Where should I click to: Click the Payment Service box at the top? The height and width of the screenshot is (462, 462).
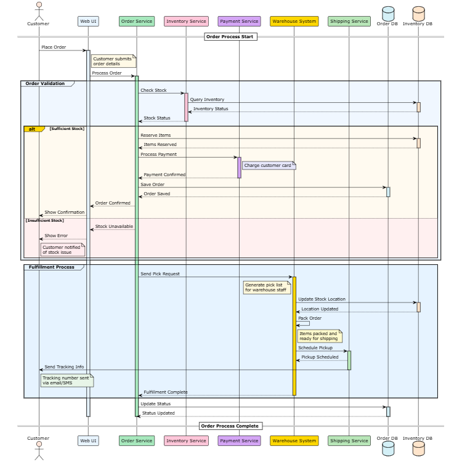click(x=239, y=22)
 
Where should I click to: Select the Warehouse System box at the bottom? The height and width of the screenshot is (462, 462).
click(x=294, y=440)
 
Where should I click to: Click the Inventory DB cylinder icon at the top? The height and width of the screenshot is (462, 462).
click(x=418, y=13)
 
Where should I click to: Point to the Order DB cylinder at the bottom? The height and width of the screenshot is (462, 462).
click(x=387, y=448)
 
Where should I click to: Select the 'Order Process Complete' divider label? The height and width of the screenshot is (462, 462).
click(x=231, y=426)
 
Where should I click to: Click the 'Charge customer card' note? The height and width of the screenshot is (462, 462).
click(x=269, y=165)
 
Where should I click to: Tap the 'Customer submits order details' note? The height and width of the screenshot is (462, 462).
click(x=113, y=61)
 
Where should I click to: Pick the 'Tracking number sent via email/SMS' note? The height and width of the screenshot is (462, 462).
click(x=67, y=380)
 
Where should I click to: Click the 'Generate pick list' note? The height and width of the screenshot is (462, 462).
click(x=267, y=287)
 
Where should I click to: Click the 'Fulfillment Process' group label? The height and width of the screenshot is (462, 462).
click(x=52, y=267)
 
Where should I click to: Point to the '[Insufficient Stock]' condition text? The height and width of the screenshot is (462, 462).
click(x=45, y=220)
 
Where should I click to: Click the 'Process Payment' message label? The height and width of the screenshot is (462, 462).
click(x=158, y=154)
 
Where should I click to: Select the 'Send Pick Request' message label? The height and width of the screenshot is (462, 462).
click(x=160, y=274)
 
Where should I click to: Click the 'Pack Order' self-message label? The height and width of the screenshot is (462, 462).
click(x=310, y=318)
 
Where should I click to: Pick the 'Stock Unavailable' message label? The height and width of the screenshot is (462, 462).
click(x=114, y=226)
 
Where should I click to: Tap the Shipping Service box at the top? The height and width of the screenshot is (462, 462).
click(x=349, y=22)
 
